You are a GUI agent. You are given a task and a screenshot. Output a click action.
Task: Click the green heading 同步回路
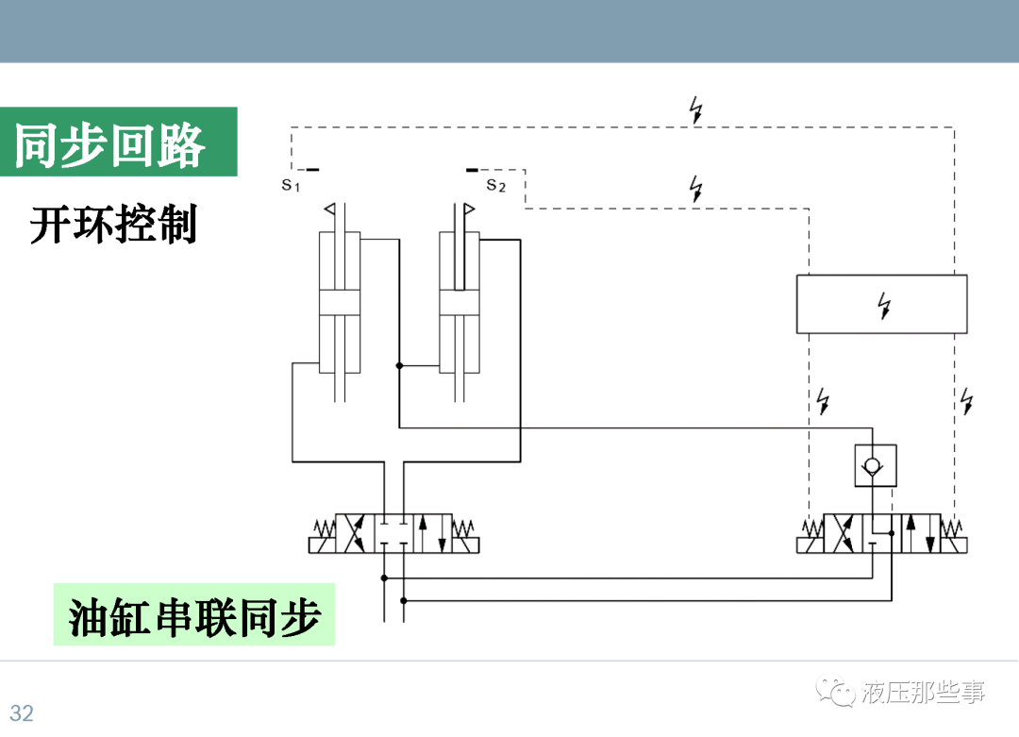pos(110,144)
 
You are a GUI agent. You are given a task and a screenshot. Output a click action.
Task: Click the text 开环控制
pos(113,226)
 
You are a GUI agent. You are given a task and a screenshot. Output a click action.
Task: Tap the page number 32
pos(21,712)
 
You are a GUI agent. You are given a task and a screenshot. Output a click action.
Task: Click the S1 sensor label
pos(291,184)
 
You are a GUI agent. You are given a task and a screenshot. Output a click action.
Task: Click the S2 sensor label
pos(496,185)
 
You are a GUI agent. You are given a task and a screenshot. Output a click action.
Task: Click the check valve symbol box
pos(875,465)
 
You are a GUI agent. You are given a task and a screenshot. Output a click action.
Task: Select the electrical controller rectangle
pos(881,304)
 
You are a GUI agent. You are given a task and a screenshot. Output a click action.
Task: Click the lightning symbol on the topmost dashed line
pos(696,110)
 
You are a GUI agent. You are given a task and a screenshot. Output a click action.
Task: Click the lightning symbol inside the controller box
pos(884,305)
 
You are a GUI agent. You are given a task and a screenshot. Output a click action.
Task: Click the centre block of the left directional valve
pos(393,533)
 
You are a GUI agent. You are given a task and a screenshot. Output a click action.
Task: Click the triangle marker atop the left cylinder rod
pos(329,209)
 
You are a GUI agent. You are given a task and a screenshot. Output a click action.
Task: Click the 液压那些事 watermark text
pos(922,695)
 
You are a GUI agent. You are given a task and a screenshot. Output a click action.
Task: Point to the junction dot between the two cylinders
pos(399,365)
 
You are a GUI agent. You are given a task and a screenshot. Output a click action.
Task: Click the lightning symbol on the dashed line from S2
pos(696,189)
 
